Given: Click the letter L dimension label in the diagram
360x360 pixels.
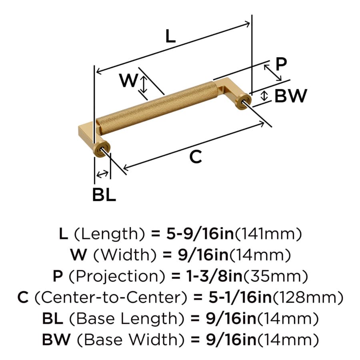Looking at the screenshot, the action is pos(170,36).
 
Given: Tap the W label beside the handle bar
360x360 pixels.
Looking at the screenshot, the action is pos(128,80).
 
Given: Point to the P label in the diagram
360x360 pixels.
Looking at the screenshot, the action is pos(281,64).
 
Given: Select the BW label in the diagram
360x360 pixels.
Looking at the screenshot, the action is pos(291,96).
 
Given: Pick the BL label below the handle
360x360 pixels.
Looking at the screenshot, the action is pos(104,195).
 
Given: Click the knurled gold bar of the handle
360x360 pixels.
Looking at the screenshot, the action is pos(156,108).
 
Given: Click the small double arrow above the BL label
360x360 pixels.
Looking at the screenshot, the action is pos(102,174).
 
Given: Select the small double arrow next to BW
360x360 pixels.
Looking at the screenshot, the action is pos(264,96).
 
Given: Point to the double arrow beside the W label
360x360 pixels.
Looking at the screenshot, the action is pos(144,85).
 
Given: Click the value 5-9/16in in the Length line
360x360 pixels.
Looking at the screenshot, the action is pos(200,234).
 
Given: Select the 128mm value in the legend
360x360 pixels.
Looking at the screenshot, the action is pos(308,297).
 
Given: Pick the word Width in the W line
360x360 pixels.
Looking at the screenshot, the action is pos(125,255).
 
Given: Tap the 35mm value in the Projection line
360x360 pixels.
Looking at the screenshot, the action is pos(276,276).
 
